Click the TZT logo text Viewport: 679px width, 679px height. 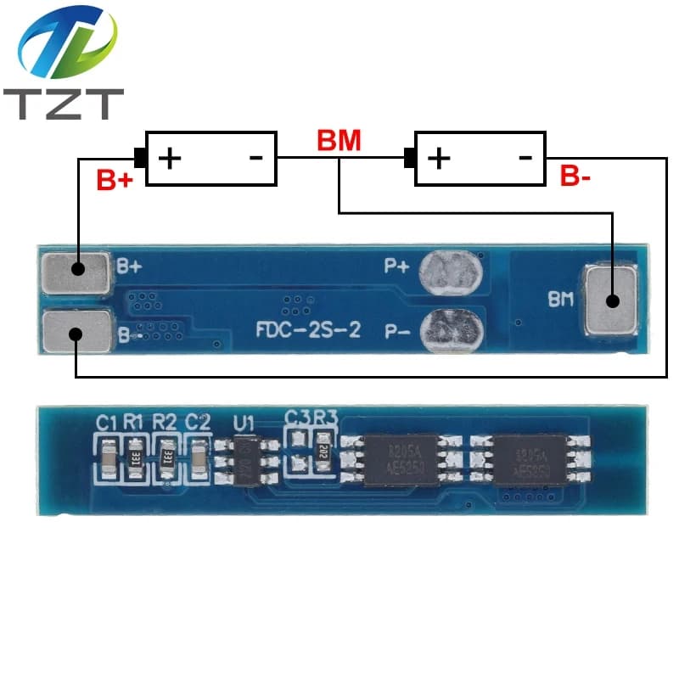tap(63, 103)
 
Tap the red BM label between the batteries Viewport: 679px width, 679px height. tap(339, 141)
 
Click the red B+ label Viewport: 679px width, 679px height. tap(116, 180)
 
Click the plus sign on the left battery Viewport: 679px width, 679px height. tap(171, 158)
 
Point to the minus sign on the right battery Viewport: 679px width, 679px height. tap(525, 157)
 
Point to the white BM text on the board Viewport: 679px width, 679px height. tap(561, 299)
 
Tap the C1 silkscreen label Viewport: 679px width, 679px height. tap(105, 420)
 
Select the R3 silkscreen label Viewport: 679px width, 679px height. tap(324, 417)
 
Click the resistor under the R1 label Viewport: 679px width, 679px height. tap(135, 457)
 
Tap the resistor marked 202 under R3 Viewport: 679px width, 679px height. tap(323, 452)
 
